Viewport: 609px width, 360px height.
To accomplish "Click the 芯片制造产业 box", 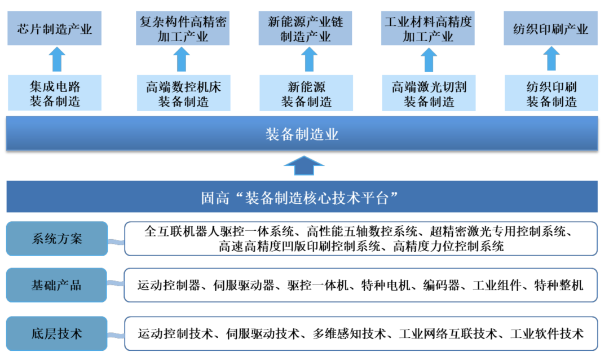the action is pyautogui.click(x=55, y=29).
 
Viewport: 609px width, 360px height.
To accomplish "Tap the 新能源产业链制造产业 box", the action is pyautogui.click(x=305, y=29).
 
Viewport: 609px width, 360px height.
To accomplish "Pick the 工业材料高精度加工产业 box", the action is pyautogui.click(x=428, y=29).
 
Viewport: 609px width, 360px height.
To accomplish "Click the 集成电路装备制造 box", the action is pyautogui.click(x=55, y=94).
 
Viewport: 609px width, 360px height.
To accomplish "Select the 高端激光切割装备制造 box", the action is pyautogui.click(x=429, y=94).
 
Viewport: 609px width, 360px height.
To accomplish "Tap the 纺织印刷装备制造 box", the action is pyautogui.click(x=551, y=94).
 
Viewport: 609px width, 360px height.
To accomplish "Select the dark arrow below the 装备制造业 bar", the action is pyautogui.click(x=303, y=165).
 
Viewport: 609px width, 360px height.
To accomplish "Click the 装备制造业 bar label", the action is pyautogui.click(x=302, y=134).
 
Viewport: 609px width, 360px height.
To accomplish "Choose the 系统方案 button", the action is pyautogui.click(x=56, y=239).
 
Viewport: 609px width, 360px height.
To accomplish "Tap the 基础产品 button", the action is pyautogui.click(x=56, y=286).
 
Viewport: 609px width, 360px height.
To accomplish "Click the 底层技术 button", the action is pyautogui.click(x=56, y=333).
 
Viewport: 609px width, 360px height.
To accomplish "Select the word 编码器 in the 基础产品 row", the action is pyautogui.click(x=442, y=286).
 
